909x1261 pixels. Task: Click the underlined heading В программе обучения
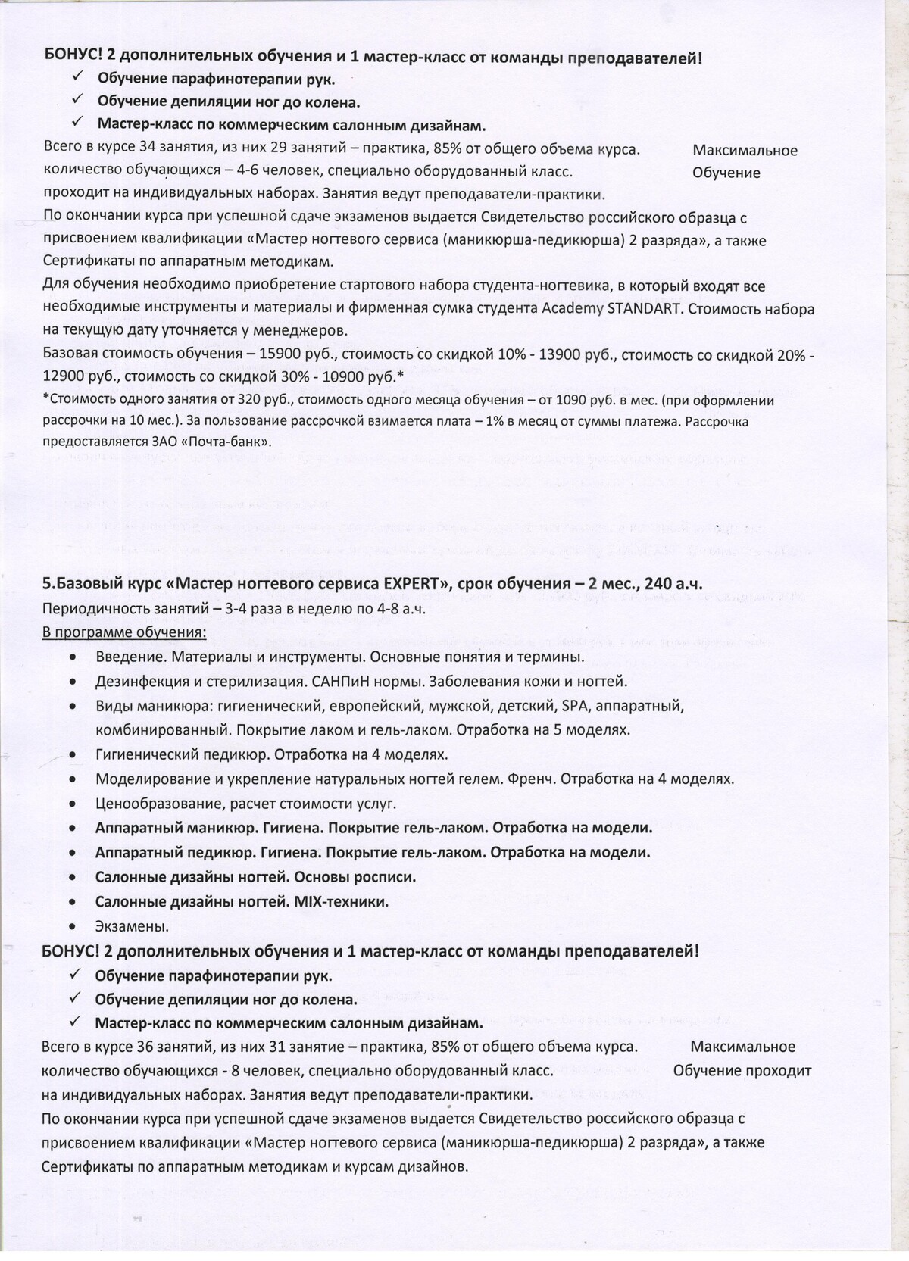coord(124,632)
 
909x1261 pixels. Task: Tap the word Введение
coord(127,657)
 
